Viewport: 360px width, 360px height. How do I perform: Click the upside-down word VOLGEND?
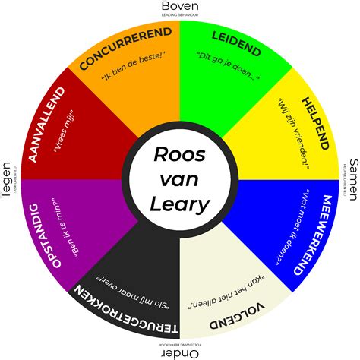click(x=240, y=314)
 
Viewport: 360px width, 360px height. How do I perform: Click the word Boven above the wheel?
click(x=180, y=7)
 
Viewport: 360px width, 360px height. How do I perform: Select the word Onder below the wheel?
click(x=180, y=353)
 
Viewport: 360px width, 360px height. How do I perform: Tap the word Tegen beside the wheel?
click(x=7, y=180)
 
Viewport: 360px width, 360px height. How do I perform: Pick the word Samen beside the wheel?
click(x=352, y=180)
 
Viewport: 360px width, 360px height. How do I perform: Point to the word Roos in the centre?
click(x=180, y=153)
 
